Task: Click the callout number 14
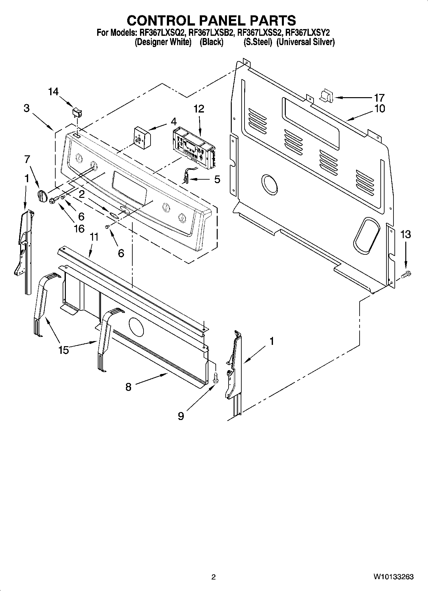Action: coord(53,92)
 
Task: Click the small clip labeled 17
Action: coord(326,96)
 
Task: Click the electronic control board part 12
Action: coord(193,146)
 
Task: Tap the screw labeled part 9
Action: coord(215,378)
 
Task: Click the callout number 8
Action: coord(128,387)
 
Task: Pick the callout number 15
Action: coord(63,350)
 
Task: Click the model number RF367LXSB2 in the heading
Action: coord(212,32)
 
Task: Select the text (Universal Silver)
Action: coord(305,42)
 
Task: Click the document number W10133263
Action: coord(393,577)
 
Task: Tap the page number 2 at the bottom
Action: coord(214,577)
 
